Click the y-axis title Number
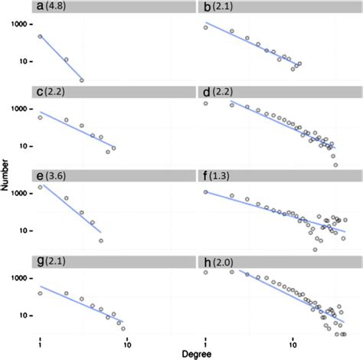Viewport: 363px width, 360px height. tap(7, 181)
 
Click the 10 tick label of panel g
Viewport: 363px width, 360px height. tap(25, 315)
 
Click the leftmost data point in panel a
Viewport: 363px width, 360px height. tap(40, 36)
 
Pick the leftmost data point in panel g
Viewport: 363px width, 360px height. tap(40, 293)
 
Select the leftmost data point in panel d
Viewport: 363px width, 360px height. tap(206, 103)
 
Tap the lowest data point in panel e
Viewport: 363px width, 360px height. tap(101, 241)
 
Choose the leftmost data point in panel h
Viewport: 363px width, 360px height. tap(206, 272)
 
